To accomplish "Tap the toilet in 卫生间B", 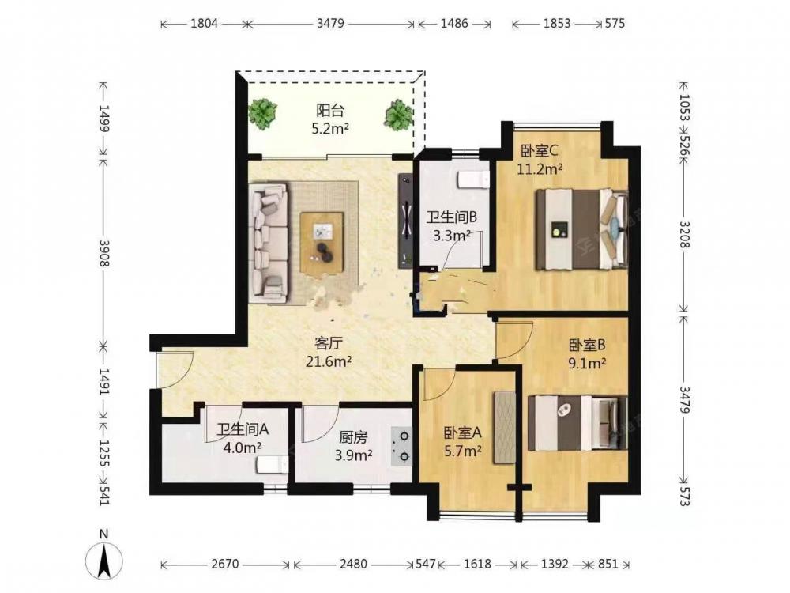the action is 473,179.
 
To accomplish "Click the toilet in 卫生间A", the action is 272,465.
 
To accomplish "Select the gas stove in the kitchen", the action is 401,446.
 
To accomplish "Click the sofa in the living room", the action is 269,243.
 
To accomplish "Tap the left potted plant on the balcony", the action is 262,113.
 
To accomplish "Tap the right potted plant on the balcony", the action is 400,114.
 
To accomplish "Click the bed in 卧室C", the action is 581,229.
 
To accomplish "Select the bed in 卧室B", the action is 577,422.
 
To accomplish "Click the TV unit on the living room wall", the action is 405,221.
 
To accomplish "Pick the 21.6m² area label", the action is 329,361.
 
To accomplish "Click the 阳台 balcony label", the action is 330,110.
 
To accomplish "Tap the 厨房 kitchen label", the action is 353,437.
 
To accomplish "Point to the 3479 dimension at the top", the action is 330,23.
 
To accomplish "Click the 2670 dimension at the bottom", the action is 224,564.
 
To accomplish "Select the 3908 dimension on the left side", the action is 104,253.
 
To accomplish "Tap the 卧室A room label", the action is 463,432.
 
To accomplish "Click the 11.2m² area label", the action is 540,169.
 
